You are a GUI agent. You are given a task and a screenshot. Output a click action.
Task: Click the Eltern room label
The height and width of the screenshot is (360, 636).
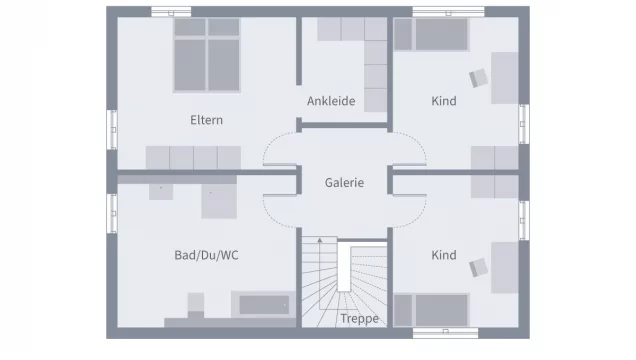click(x=206, y=120)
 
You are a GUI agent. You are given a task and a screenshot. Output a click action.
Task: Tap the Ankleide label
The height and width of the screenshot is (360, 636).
click(x=331, y=101)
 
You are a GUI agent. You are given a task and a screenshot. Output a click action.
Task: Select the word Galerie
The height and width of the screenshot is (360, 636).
click(x=344, y=182)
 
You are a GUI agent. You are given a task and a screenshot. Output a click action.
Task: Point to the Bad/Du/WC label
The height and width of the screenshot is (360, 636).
click(x=206, y=255)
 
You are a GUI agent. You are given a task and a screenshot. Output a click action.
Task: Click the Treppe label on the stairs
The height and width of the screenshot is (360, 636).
click(x=359, y=319)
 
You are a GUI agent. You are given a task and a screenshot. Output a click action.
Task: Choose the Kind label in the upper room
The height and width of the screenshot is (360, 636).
click(x=444, y=101)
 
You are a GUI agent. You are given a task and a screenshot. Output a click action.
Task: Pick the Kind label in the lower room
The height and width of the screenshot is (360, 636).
click(x=444, y=255)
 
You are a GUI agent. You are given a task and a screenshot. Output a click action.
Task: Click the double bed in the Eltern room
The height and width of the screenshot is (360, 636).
click(x=207, y=55)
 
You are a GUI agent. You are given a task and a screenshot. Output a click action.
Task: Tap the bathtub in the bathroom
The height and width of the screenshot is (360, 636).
click(x=264, y=305)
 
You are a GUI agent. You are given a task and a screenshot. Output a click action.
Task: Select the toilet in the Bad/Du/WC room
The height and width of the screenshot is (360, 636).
click(x=196, y=306)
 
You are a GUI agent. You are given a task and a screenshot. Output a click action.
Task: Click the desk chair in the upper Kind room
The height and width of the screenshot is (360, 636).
click(x=479, y=78)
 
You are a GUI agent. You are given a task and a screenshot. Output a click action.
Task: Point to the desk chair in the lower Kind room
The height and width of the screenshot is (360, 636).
click(x=479, y=268)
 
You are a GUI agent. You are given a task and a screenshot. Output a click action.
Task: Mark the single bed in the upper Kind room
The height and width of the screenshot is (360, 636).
click(x=432, y=34)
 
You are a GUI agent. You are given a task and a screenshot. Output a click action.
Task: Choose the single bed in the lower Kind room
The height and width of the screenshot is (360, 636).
click(x=432, y=310)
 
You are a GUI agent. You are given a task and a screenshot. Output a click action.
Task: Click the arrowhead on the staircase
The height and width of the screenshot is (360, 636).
click(x=320, y=241)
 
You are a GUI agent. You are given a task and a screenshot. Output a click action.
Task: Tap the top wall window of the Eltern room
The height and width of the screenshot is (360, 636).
click(x=171, y=12)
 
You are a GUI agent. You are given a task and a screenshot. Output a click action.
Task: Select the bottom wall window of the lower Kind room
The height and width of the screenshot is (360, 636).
click(x=445, y=333)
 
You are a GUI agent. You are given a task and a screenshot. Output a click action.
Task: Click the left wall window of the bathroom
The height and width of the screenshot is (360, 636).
click(x=112, y=213)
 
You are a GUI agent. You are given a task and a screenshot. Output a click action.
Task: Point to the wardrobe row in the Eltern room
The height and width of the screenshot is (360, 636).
click(x=193, y=158)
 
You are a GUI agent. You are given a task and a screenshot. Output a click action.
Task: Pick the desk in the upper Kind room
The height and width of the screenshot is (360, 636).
click(x=505, y=78)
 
